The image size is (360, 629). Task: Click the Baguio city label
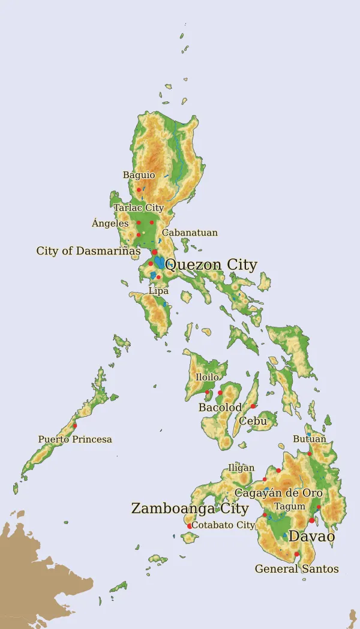pyautogui.click(x=139, y=175)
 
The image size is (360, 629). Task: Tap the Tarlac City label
pyautogui.click(x=139, y=207)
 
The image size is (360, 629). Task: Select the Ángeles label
pyautogui.click(x=110, y=223)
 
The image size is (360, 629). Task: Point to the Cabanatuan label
pyautogui.click(x=190, y=233)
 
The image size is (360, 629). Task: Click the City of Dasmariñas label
pyautogui.click(x=88, y=251)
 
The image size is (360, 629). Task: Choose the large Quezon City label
pyautogui.click(x=211, y=265)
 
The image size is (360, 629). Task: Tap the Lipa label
pyautogui.click(x=158, y=291)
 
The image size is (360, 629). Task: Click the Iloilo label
pyautogui.click(x=207, y=377)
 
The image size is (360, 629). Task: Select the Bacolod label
pyautogui.click(x=220, y=408)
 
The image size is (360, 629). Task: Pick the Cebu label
pyautogui.click(x=253, y=421)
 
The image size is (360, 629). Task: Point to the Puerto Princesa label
pyautogui.click(x=75, y=440)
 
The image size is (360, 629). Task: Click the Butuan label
pyautogui.click(x=310, y=439)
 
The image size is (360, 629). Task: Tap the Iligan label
pyautogui.click(x=241, y=468)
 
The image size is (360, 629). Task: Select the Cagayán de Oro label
pyautogui.click(x=278, y=493)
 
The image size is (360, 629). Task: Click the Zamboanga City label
pyautogui.click(x=190, y=508)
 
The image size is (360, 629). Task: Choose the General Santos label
pyautogui.click(x=296, y=568)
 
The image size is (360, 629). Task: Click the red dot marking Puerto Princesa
pyautogui.click(x=74, y=426)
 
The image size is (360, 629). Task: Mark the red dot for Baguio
pyautogui.click(x=139, y=189)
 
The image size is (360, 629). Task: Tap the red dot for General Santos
pyautogui.click(x=296, y=555)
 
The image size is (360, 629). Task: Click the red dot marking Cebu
pyautogui.click(x=253, y=406)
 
